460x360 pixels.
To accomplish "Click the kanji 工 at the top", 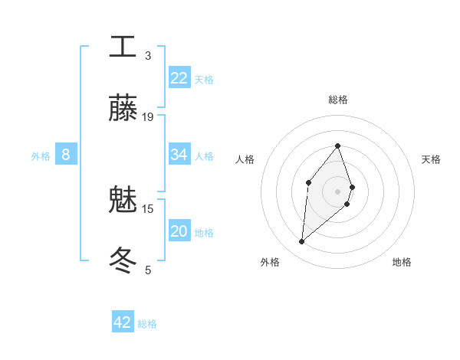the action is coord(123,47).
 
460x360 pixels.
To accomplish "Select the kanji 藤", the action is coord(123,108).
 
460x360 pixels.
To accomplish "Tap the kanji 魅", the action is coord(123,201).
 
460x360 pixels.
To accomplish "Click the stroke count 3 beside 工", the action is coord(148,56).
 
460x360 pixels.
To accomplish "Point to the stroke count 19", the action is coord(148,117).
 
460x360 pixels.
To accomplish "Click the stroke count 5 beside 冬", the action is coord(148,270).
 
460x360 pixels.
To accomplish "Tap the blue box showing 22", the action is coord(179,78).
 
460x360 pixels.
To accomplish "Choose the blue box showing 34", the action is coord(179,155).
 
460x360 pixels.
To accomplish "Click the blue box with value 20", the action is coord(179,231).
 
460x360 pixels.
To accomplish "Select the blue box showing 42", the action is coord(123,322).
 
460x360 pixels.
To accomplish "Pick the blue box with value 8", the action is coord(65,155).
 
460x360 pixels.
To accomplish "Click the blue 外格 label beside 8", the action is coord(41,156).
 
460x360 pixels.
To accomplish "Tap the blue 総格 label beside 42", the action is coord(147,324).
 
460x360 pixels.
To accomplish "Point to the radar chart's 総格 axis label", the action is coord(338,100).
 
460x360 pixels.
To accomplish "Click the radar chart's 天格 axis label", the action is coord(431,159).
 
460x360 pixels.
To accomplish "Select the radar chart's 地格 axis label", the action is coord(402,262).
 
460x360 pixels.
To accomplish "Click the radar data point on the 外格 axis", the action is coord(301,242).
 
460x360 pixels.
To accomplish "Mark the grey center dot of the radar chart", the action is coord(338,191).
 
